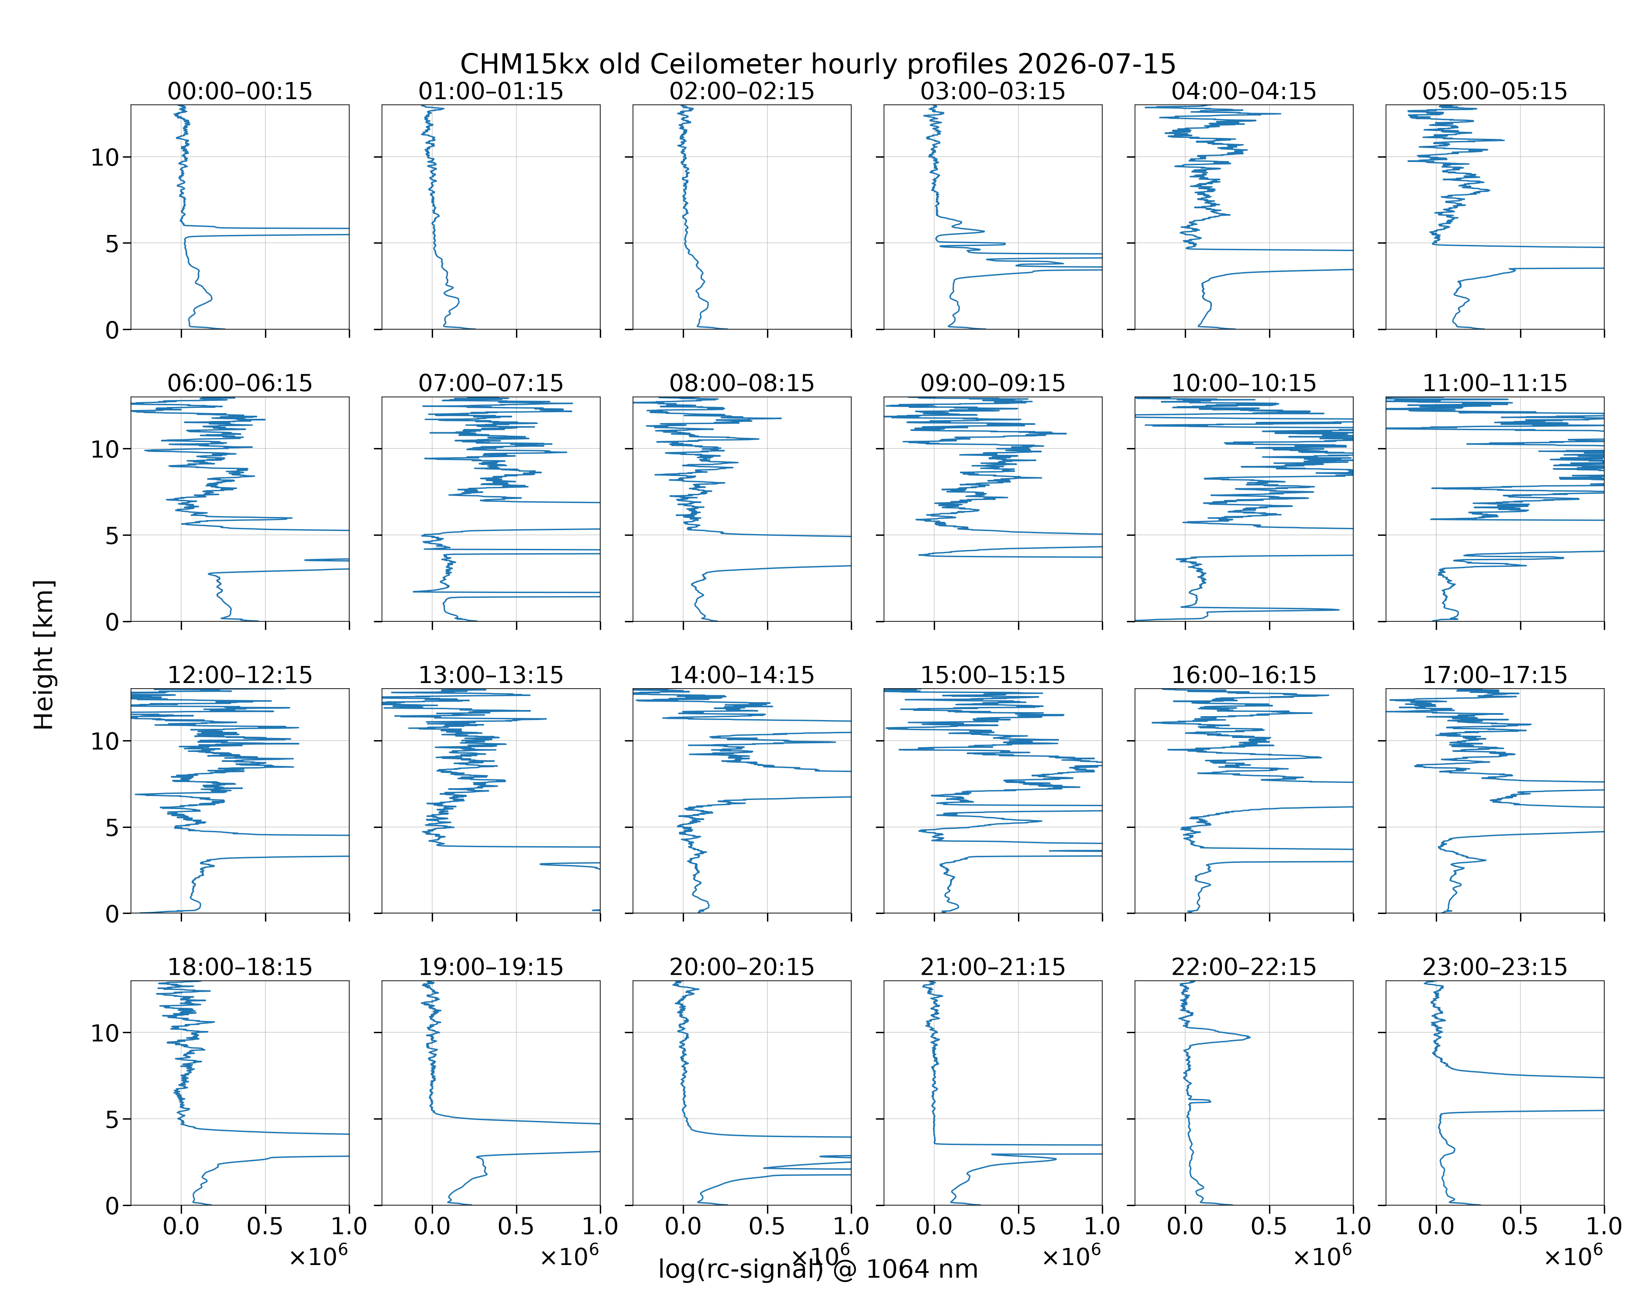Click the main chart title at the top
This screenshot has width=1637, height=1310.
click(x=818, y=64)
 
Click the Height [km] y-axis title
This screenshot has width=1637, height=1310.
click(x=44, y=655)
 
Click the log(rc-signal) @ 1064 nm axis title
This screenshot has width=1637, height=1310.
click(x=818, y=1269)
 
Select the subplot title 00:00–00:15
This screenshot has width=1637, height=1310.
click(x=240, y=91)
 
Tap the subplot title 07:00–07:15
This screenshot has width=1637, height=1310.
click(x=491, y=383)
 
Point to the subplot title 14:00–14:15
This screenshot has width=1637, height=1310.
click(x=742, y=675)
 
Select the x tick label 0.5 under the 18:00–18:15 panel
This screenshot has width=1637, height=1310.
click(x=265, y=1226)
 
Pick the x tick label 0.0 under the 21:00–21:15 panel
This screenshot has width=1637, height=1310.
click(x=934, y=1226)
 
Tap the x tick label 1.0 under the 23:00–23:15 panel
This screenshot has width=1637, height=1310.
click(x=1603, y=1226)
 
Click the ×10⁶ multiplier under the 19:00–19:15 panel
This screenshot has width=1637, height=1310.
click(x=569, y=1255)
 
